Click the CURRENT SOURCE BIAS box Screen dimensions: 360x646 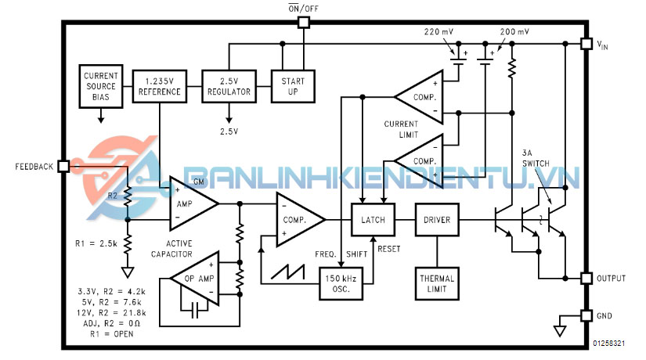(x=100, y=86)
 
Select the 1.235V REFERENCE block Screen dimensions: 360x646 (x=159, y=86)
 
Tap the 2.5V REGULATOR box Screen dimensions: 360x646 (x=229, y=86)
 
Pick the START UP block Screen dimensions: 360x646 (x=291, y=86)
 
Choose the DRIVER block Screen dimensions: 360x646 (x=437, y=220)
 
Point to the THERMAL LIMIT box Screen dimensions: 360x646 (x=437, y=283)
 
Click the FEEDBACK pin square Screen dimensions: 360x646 (x=63, y=167)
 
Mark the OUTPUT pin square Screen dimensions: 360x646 (x=584, y=278)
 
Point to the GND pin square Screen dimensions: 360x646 (x=584, y=315)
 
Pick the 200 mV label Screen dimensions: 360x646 (x=514, y=32)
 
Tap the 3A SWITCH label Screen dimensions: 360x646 (x=536, y=157)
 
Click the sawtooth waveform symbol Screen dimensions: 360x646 (x=286, y=272)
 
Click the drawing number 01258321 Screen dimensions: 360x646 (x=609, y=344)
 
